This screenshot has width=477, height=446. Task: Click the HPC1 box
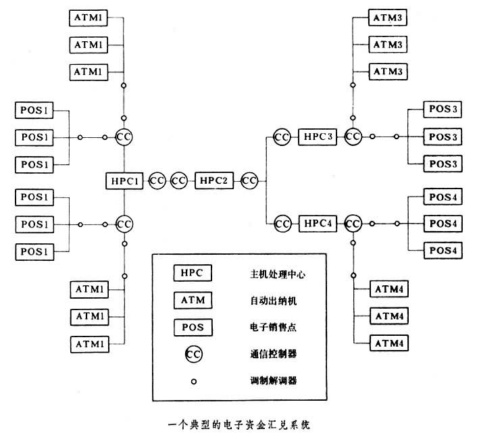point(124,181)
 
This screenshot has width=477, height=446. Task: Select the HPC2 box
point(214,181)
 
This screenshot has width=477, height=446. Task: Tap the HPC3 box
point(318,137)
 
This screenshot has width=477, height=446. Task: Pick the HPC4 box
point(318,222)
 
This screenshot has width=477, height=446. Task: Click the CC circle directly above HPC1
point(124,137)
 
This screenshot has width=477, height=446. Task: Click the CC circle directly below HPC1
point(124,222)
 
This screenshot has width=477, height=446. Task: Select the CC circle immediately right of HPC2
point(249,181)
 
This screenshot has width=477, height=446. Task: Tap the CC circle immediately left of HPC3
point(282,137)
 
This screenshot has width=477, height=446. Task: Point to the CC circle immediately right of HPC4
point(353,222)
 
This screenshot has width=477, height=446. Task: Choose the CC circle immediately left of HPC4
point(282,222)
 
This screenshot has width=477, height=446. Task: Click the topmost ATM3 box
point(388,18)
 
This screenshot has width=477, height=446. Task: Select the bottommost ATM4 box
point(388,343)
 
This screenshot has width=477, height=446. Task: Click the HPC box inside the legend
point(192,273)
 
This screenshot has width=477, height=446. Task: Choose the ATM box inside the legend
point(192,299)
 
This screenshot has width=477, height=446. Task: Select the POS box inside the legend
point(192,326)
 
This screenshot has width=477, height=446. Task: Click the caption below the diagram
point(238,426)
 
